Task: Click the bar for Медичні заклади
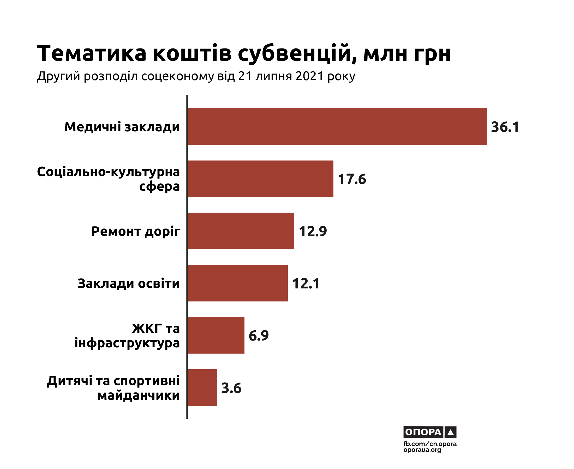pyautogui.click(x=337, y=126)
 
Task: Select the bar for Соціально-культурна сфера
pyautogui.click(x=260, y=178)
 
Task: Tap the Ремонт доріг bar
pyautogui.click(x=241, y=231)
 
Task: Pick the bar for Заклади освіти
pyautogui.click(x=237, y=283)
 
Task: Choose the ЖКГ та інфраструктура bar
pyautogui.click(x=216, y=335)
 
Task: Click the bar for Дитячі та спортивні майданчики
pyautogui.click(x=202, y=387)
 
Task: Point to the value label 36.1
pyautogui.click(x=505, y=127)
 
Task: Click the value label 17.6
pyautogui.click(x=352, y=179)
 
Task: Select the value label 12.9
pyautogui.click(x=313, y=231)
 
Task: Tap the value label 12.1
pyautogui.click(x=306, y=284)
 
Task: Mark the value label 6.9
pyautogui.click(x=259, y=336)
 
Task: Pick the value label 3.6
pyautogui.click(x=231, y=388)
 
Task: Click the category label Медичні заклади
pyautogui.click(x=122, y=127)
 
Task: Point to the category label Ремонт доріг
pyautogui.click(x=135, y=232)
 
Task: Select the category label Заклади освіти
pyautogui.click(x=128, y=284)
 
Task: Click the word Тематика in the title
pyautogui.click(x=92, y=53)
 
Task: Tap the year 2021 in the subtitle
pyautogui.click(x=310, y=76)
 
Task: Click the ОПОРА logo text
pyautogui.click(x=423, y=432)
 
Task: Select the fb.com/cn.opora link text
pyautogui.click(x=430, y=444)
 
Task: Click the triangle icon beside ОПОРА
pyautogui.click(x=451, y=432)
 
